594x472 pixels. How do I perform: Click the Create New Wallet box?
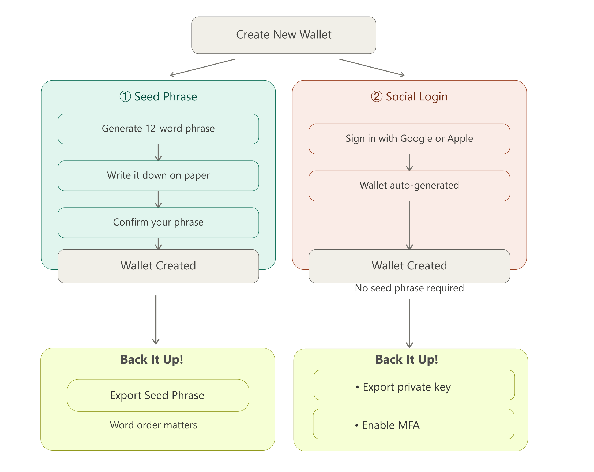[x=284, y=35]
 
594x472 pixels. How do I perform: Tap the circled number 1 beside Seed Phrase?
[x=125, y=96]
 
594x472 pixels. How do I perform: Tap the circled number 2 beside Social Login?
[x=377, y=96]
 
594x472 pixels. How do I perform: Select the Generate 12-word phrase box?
[x=158, y=129]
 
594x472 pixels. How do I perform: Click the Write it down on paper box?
[x=158, y=176]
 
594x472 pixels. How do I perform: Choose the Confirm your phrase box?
[x=158, y=223]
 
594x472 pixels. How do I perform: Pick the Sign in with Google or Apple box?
[x=409, y=139]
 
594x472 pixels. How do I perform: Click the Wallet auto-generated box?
[x=409, y=186]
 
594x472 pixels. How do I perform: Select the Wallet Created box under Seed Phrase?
[x=158, y=266]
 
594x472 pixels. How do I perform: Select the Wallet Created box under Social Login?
[x=409, y=266]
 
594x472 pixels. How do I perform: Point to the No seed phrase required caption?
[x=409, y=288]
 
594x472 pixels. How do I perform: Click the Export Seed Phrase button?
[x=158, y=395]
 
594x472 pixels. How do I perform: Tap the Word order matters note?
[x=153, y=425]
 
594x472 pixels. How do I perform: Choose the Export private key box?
[x=414, y=385]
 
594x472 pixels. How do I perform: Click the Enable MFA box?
[x=413, y=424]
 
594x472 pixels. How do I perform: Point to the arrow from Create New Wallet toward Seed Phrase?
[x=203, y=67]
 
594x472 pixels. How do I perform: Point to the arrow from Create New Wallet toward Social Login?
[x=372, y=67]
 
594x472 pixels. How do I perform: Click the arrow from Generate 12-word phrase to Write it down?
[x=158, y=152]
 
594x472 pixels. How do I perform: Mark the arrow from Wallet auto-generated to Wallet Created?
[x=409, y=225]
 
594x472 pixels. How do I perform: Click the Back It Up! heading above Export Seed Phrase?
[x=152, y=359]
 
